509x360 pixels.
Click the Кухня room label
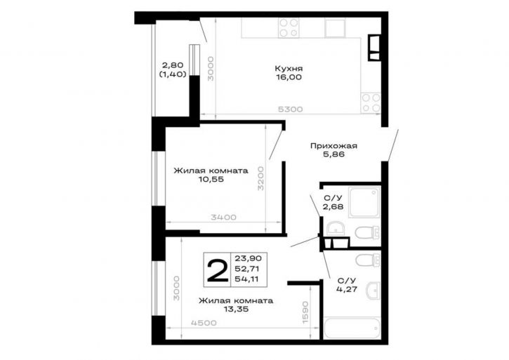[289, 69]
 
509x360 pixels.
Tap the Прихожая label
[333, 146]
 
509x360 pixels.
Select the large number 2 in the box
[217, 270]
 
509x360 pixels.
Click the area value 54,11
[246, 279]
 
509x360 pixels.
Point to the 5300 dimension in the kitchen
[290, 109]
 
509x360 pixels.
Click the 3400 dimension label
[224, 218]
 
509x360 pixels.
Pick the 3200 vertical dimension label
[260, 178]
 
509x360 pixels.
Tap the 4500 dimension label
[204, 323]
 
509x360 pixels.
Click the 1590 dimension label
[305, 312]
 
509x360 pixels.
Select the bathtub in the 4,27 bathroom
[352, 328]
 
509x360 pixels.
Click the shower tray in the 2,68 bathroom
[364, 202]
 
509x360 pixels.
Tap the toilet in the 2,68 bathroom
[367, 233]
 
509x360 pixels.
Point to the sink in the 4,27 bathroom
[373, 290]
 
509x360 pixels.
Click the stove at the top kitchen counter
[289, 27]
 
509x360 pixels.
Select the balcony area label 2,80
[173, 65]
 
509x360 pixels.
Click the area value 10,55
[211, 180]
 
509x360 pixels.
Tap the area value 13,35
[236, 309]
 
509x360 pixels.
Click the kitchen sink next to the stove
[335, 27]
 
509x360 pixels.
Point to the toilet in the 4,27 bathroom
[368, 260]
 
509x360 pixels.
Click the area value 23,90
[248, 259]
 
